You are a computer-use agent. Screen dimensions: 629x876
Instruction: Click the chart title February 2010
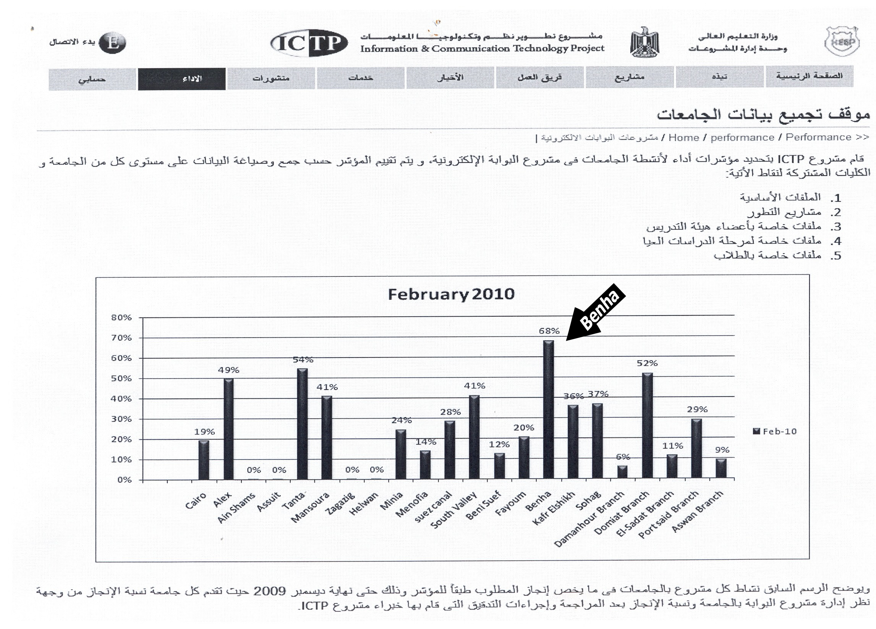[x=451, y=294]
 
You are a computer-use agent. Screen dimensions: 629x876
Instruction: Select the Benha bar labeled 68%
[x=549, y=410]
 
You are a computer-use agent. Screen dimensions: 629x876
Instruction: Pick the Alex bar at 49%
[x=229, y=429]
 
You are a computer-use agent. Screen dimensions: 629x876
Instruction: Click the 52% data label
[x=647, y=363]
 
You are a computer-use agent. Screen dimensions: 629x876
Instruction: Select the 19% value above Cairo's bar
[x=204, y=432]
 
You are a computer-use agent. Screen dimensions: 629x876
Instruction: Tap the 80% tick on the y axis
[x=121, y=318]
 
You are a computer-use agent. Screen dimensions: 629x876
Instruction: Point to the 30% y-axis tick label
[x=121, y=419]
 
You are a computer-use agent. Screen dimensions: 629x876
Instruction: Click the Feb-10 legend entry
[x=775, y=431]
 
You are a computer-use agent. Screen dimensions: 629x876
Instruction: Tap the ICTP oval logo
[x=308, y=43]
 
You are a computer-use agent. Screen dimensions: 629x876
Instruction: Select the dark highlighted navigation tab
[x=181, y=79]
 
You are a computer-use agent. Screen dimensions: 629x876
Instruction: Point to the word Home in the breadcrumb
[x=684, y=138]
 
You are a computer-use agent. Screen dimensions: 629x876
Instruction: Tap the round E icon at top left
[x=112, y=42]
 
